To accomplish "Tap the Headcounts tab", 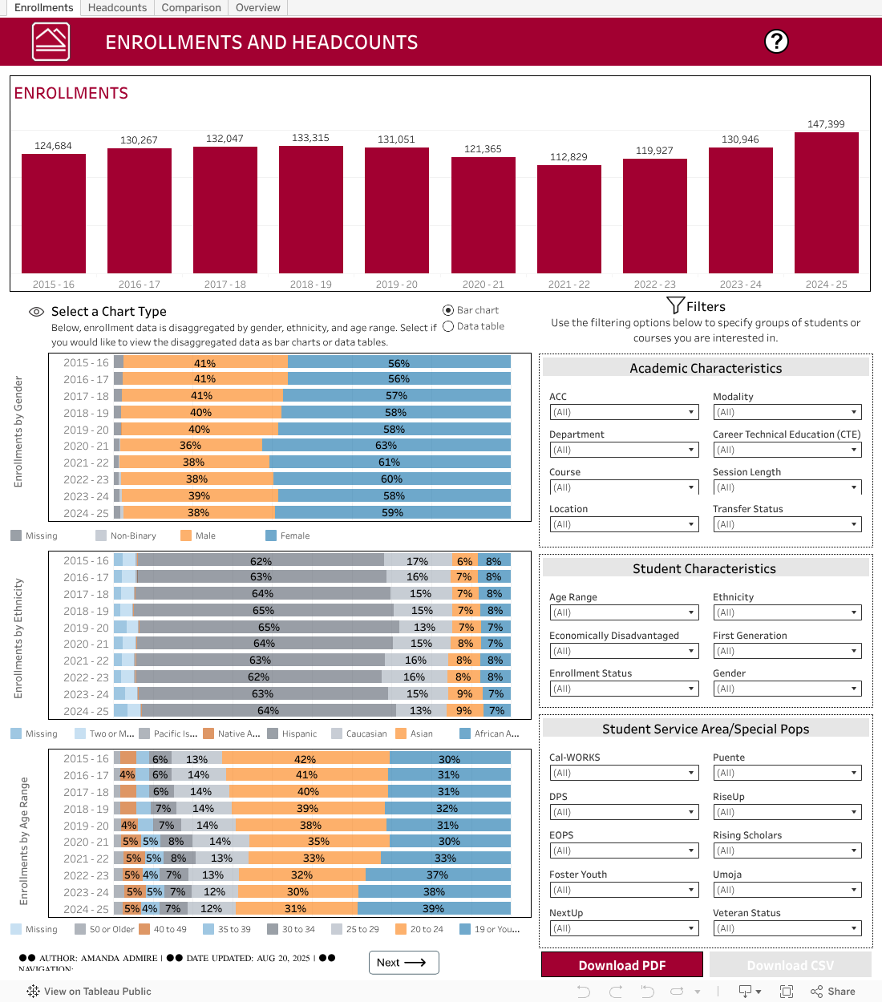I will click(x=117, y=8).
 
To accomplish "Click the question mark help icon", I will click(x=776, y=41).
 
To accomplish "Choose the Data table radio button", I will click(x=449, y=326).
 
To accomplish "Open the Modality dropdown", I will click(x=786, y=412).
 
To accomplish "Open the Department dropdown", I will click(x=624, y=450).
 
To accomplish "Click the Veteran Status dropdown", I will click(x=786, y=928).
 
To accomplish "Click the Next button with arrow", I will click(x=403, y=963).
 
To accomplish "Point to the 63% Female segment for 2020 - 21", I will click(x=386, y=446).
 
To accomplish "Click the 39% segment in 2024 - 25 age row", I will click(x=434, y=908).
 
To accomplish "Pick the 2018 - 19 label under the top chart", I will click(x=311, y=285).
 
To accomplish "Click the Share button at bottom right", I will click(x=833, y=992).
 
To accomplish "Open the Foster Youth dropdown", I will click(x=624, y=890).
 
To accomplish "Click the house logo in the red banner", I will click(x=51, y=41).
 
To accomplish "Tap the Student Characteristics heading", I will click(x=704, y=569).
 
